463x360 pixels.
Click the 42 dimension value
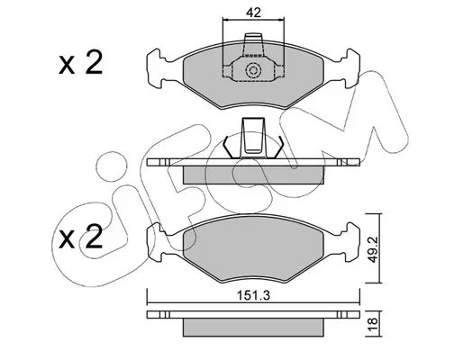[253, 13]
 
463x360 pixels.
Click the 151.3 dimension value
[254, 295]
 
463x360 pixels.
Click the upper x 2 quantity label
[80, 63]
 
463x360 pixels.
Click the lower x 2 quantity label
[80, 237]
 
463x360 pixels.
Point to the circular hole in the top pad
[253, 71]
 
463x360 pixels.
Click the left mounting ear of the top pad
[156, 68]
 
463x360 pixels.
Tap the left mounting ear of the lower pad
[156, 243]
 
